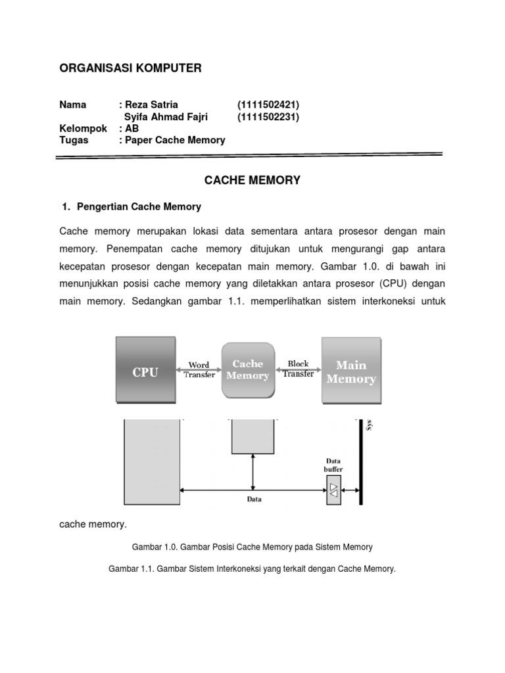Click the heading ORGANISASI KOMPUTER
pos(130,68)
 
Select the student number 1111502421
pos(268,104)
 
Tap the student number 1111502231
pos(268,117)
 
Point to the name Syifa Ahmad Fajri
pos(166,117)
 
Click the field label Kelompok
pos(83,128)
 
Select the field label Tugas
pos(74,140)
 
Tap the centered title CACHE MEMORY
pos(252,180)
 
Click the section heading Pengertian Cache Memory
pos(139,206)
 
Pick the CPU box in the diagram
pos(145,371)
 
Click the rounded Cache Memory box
pos(247,370)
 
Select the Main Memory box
pos(350,371)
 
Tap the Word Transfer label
pos(199,370)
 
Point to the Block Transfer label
pos(298,369)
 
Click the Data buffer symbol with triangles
pos(334,490)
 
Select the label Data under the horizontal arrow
pos(254,499)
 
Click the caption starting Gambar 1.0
pos(252,547)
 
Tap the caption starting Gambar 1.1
pos(252,569)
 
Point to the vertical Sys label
pos(369,425)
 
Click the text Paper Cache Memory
pos(175,140)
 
